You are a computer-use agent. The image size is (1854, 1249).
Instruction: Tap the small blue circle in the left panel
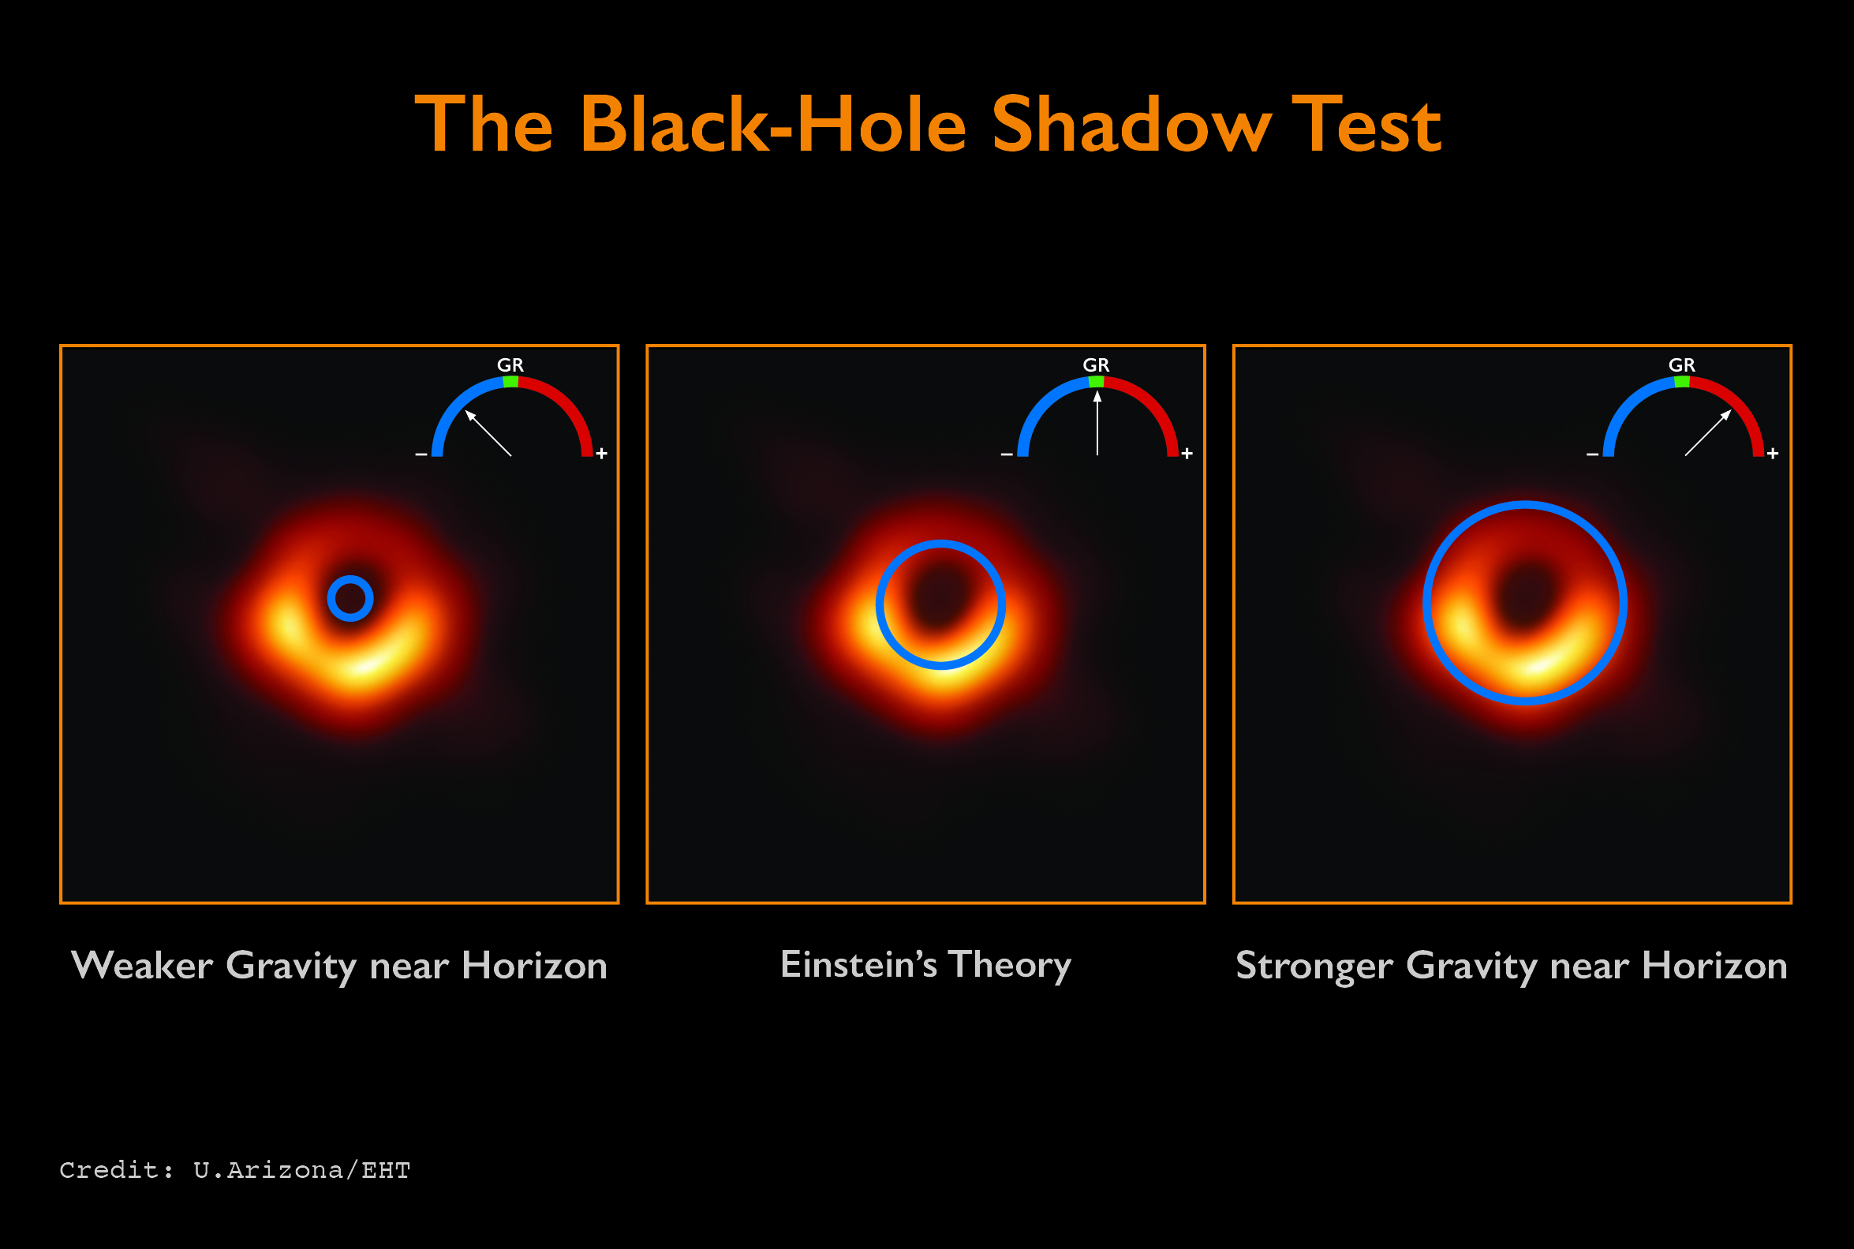pos(350,598)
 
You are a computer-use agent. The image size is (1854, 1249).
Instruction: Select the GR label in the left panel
pos(510,365)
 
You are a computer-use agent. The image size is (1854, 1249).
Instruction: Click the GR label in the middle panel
pos(1096,365)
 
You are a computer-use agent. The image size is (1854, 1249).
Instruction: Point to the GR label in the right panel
pos(1682,365)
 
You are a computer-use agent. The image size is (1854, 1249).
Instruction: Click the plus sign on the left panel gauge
pos(602,453)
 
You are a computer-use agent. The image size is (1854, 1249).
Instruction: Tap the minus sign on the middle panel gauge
pos(1007,454)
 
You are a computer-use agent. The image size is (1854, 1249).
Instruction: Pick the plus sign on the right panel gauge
pos(1773,453)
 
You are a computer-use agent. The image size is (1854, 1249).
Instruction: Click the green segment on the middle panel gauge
pos(1097,383)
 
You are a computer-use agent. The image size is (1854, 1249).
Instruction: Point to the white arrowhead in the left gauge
pos(471,416)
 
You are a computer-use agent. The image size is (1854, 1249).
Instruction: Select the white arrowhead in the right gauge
pos(1725,415)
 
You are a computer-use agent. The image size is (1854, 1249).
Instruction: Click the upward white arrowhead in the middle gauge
pos(1097,396)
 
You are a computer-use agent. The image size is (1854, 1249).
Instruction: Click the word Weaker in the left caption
pos(142,966)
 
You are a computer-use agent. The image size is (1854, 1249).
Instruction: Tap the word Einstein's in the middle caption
pos(858,965)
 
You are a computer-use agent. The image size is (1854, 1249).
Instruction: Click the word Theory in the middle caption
pos(1010,967)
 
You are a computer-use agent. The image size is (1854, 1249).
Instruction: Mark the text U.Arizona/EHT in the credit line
pos(302,1170)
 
